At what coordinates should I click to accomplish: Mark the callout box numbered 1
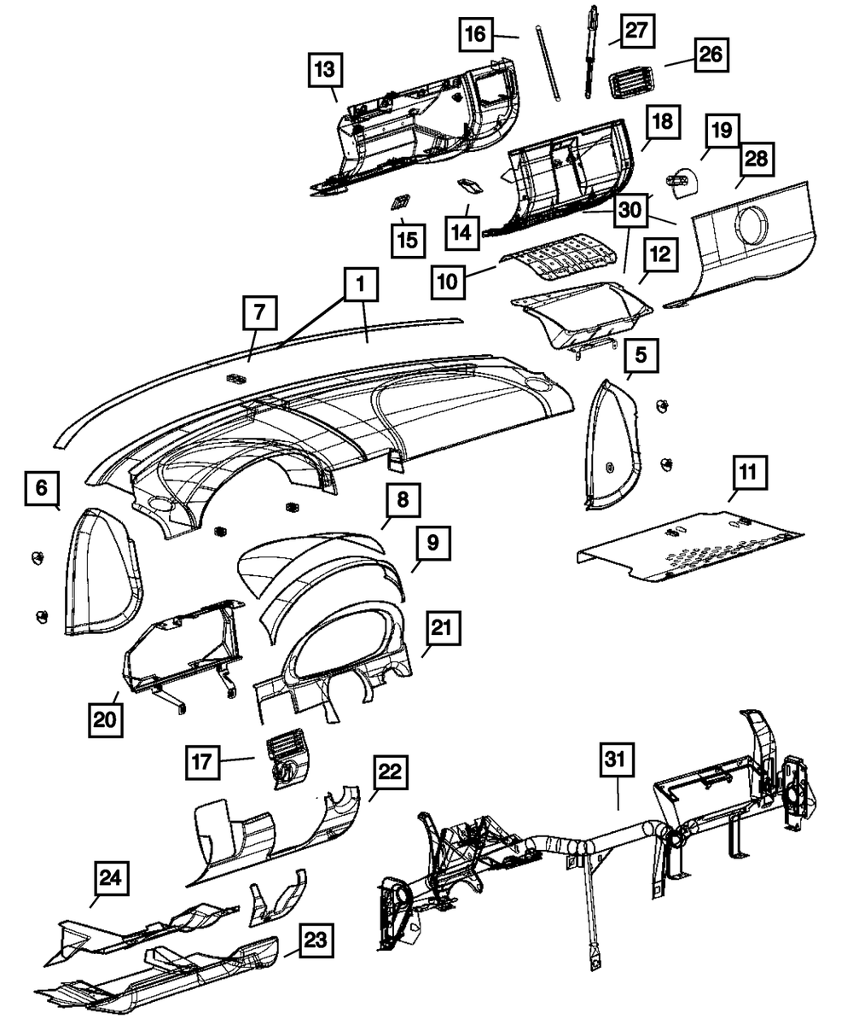362,287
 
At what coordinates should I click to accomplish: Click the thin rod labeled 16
548,64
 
